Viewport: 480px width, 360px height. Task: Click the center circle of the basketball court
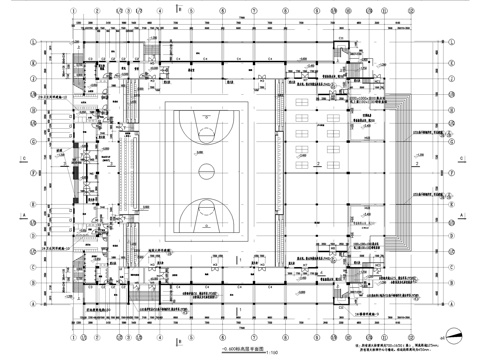pos(204,167)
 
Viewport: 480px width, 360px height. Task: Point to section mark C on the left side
pos(22,160)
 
